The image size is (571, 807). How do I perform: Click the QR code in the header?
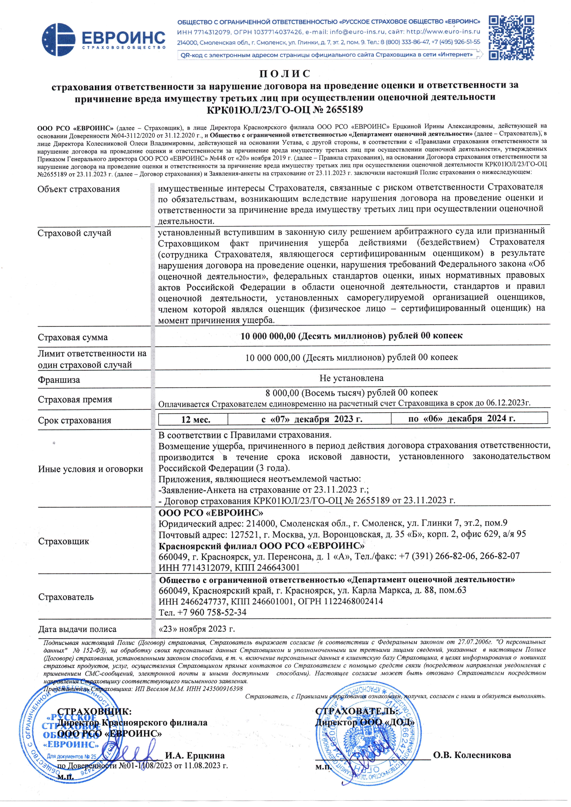point(512,37)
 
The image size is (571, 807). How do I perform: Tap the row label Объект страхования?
point(79,189)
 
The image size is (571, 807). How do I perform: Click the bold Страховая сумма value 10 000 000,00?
point(268,336)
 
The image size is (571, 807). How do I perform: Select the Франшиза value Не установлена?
point(351,378)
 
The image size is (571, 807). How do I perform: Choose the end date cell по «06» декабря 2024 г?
point(462,418)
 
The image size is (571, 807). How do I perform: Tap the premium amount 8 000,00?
point(282,392)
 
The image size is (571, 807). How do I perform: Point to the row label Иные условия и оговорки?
point(90,469)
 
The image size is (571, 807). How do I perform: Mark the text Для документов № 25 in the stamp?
point(72,757)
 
